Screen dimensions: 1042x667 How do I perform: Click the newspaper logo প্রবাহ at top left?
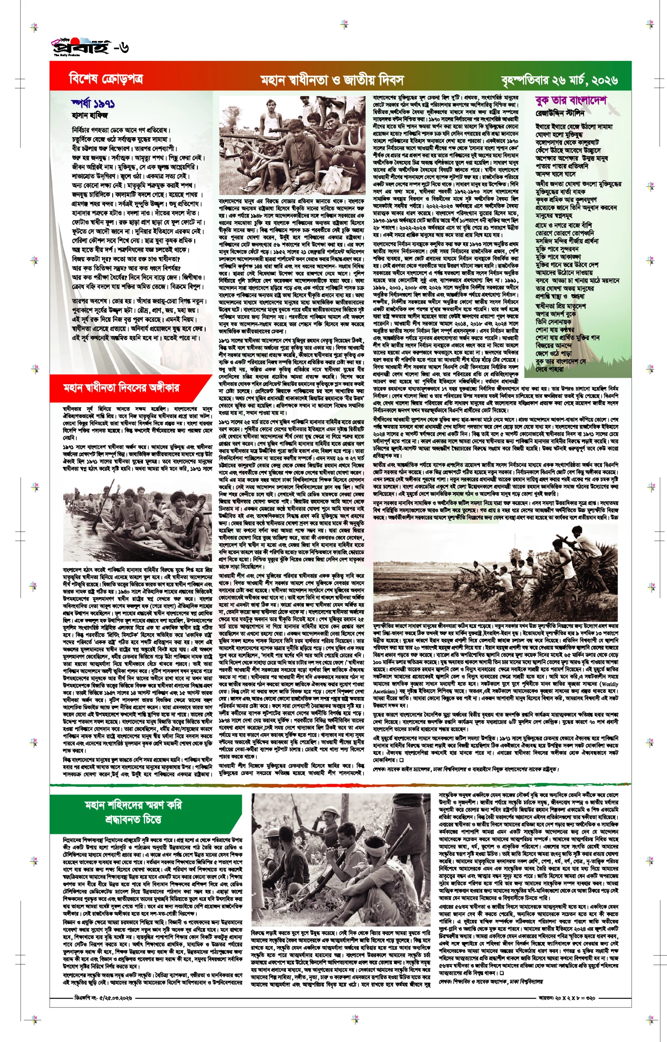[80, 47]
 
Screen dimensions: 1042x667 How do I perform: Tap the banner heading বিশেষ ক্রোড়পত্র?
[106, 79]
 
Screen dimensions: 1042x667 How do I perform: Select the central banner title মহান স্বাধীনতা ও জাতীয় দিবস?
[332, 80]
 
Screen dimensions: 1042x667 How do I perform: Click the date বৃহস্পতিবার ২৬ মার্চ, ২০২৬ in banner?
[559, 80]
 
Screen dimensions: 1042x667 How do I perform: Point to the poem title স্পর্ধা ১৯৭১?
[93, 104]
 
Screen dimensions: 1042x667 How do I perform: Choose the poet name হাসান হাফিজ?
[90, 115]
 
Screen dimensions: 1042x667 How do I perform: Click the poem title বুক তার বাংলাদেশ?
[570, 101]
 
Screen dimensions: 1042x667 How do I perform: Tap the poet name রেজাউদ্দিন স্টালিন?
[560, 113]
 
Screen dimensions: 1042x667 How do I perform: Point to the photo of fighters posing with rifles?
[292, 145]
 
